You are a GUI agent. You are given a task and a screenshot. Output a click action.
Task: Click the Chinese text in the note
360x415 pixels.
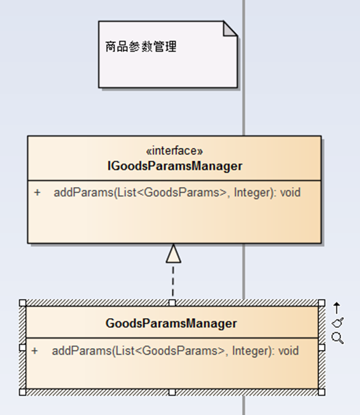pyautogui.click(x=141, y=46)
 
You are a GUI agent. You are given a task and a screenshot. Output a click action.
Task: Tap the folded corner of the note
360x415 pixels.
pyautogui.click(x=230, y=29)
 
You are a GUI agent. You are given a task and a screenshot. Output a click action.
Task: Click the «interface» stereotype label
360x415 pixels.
pyautogui.click(x=175, y=151)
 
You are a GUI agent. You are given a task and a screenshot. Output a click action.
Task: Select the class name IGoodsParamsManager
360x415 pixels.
pyautogui.click(x=175, y=166)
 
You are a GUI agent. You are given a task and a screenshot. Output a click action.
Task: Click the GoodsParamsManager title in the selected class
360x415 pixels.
pyautogui.click(x=171, y=323)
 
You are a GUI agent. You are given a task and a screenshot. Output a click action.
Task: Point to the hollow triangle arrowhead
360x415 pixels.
pyautogui.click(x=174, y=253)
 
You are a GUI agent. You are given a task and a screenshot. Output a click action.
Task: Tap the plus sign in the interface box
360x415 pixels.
pyautogui.click(x=38, y=192)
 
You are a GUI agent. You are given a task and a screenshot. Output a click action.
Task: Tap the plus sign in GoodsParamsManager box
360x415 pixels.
pyautogui.click(x=35, y=351)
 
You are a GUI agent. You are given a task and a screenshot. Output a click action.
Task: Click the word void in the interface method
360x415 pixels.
pyautogui.click(x=290, y=192)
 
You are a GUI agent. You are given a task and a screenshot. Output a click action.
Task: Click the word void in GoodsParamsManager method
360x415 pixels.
pyautogui.click(x=288, y=351)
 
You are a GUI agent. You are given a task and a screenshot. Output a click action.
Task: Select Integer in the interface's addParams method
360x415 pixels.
pyautogui.click(x=253, y=192)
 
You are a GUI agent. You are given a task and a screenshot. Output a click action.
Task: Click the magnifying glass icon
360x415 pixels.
pyautogui.click(x=337, y=339)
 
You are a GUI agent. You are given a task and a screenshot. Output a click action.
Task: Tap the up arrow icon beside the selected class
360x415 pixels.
pyautogui.click(x=337, y=308)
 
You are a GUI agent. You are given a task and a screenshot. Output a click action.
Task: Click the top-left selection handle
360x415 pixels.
pyautogui.click(x=23, y=303)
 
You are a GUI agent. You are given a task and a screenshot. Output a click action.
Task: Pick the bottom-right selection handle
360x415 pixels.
pyautogui.click(x=322, y=392)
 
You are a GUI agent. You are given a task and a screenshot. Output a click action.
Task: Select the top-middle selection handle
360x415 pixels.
pyautogui.click(x=172, y=303)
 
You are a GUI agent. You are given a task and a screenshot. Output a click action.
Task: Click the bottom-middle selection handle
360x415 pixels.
pyautogui.click(x=172, y=392)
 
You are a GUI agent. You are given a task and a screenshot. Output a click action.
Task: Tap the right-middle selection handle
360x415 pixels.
pyautogui.click(x=322, y=347)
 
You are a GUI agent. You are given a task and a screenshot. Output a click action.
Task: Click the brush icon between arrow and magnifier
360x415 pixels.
pyautogui.click(x=337, y=323)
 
